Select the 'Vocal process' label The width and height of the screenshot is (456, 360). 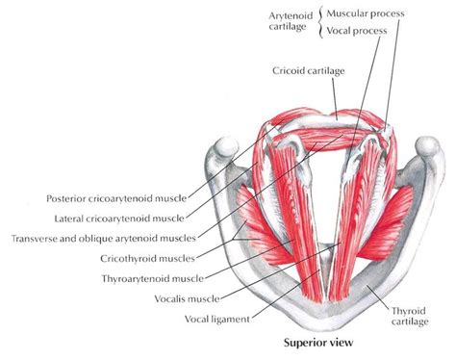pyautogui.click(x=358, y=31)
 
